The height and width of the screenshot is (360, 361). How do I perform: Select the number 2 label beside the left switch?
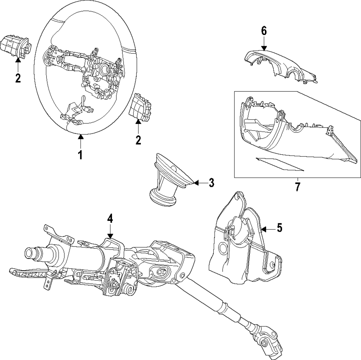pyautogui.click(x=18, y=77)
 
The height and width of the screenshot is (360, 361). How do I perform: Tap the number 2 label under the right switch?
pyautogui.click(x=138, y=140)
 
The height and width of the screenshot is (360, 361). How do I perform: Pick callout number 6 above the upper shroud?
pyautogui.click(x=264, y=31)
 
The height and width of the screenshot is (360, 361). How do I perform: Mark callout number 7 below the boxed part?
pyautogui.click(x=297, y=187)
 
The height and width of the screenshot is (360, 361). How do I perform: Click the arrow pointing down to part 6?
pyautogui.click(x=264, y=45)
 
